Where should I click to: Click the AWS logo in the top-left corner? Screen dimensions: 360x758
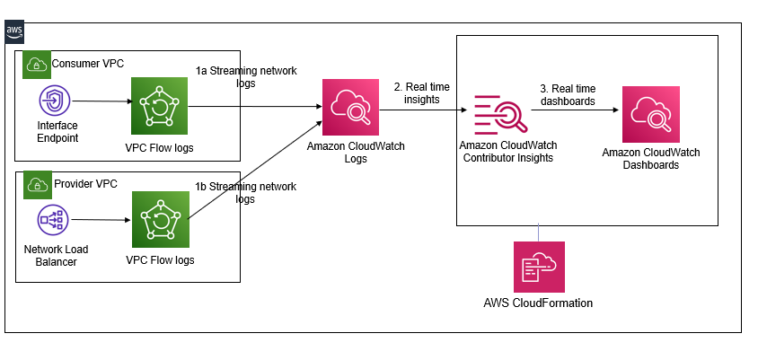click(x=14, y=32)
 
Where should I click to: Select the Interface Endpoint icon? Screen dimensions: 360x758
click(x=53, y=101)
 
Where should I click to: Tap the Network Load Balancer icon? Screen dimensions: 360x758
click(x=52, y=218)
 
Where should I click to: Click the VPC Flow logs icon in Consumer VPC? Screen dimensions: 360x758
click(x=159, y=103)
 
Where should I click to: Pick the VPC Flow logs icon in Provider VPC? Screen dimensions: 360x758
click(x=160, y=219)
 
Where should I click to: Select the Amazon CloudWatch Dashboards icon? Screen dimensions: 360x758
click(x=650, y=112)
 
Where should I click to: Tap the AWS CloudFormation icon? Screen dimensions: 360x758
click(x=539, y=267)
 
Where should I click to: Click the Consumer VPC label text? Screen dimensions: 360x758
click(x=88, y=64)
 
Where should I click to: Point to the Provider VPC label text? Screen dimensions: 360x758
click(x=85, y=184)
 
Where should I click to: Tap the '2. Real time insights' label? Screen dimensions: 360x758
click(x=422, y=92)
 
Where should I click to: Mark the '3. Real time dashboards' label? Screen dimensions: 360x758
click(x=568, y=95)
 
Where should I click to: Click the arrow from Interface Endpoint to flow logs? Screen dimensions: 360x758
click(x=101, y=102)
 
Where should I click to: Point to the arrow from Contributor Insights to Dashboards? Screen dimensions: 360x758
click(x=579, y=111)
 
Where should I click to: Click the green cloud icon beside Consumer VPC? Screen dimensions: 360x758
click(x=36, y=65)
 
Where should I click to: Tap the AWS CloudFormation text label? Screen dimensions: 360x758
click(x=538, y=303)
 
